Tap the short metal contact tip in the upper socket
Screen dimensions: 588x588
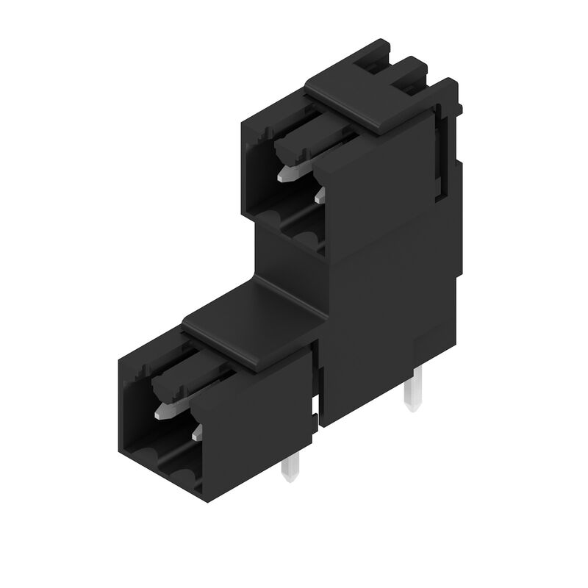pos(318,196)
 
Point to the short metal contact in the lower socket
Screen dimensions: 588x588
pos(196,435)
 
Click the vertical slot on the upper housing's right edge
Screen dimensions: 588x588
pos(440,151)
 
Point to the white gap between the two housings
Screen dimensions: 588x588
pos(317,404)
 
